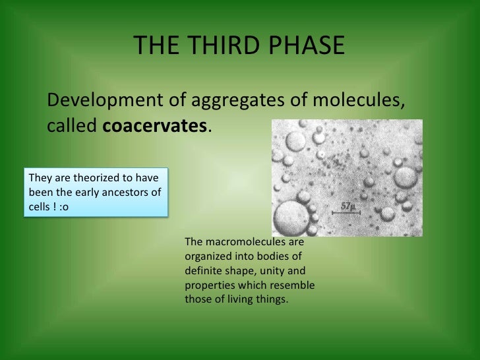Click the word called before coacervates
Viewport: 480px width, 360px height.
[72, 126]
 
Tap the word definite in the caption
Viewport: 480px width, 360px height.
[204, 270]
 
